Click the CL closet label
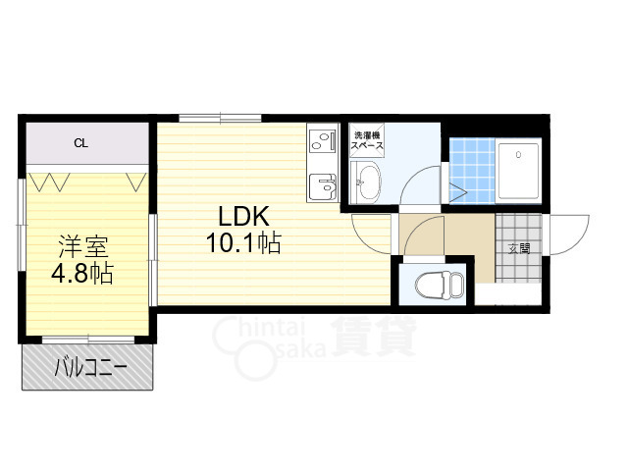[80, 143]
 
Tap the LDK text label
[243, 217]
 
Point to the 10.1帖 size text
[243, 242]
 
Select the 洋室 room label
[83, 246]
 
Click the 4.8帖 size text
[82, 273]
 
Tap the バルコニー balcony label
[90, 367]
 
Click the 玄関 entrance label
[519, 248]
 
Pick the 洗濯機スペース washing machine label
[367, 140]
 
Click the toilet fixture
[440, 285]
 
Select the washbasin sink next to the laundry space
[365, 183]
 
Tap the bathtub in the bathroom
[518, 171]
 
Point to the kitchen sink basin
[323, 187]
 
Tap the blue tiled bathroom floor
[472, 171]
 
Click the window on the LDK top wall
[220, 118]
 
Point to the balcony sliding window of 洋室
[88, 340]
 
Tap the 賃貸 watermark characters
[373, 336]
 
